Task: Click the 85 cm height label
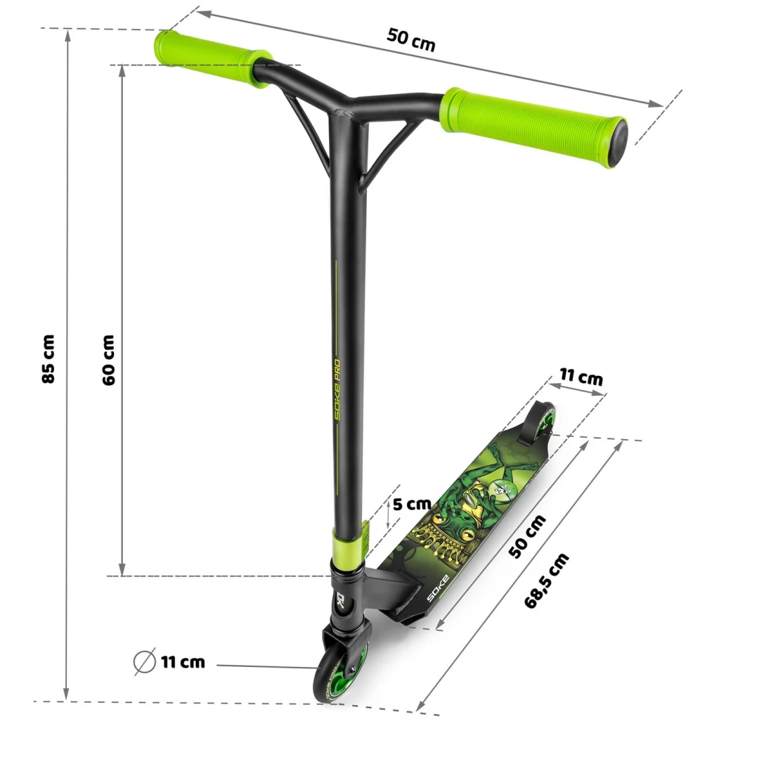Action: click(x=48, y=359)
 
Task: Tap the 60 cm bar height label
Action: click(x=108, y=360)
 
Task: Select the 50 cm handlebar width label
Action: click(x=411, y=39)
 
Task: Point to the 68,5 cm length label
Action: click(x=547, y=580)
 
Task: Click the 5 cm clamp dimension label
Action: click(x=412, y=504)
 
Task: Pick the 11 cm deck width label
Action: click(x=581, y=376)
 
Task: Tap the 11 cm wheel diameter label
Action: click(x=183, y=662)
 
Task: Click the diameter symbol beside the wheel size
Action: click(x=144, y=661)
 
